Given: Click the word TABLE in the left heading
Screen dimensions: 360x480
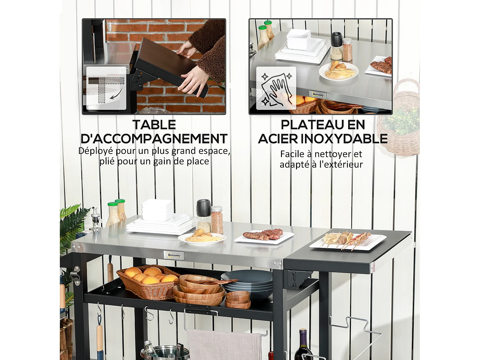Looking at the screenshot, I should [x=154, y=125].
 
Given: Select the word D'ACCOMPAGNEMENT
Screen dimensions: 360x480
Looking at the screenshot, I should [x=154, y=139].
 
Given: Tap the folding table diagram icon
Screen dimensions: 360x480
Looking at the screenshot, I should [x=106, y=87].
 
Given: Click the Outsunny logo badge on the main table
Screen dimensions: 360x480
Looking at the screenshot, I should [x=174, y=255].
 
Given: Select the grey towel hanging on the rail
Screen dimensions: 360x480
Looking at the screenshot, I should [x=224, y=345].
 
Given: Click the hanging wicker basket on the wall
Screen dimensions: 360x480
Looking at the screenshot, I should [x=398, y=122].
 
